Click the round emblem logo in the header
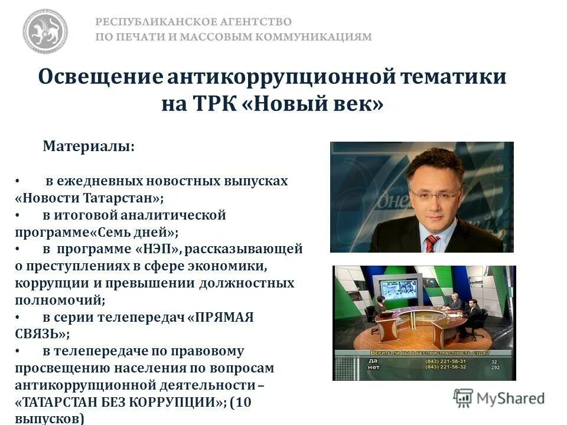point(45,30)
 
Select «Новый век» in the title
point(312,104)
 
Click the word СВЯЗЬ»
point(42,334)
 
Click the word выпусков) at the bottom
point(50,419)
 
